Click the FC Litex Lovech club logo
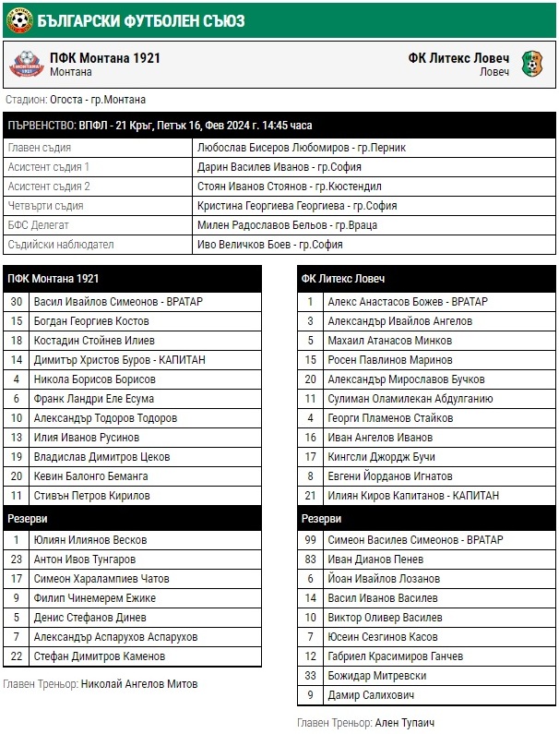[x=533, y=64]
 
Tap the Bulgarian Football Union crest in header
[x=17, y=19]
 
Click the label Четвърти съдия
[x=45, y=206]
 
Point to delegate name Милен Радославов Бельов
[x=287, y=225]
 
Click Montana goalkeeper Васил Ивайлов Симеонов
[x=118, y=302]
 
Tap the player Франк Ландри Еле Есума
[x=94, y=399]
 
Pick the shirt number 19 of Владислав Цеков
[x=17, y=457]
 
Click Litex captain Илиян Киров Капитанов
[x=413, y=496]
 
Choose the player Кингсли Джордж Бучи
[x=382, y=457]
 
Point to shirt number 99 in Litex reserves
[x=311, y=540]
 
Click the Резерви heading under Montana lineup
[x=28, y=519]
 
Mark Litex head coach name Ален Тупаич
[x=405, y=722]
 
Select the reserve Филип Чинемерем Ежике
[x=96, y=598]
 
